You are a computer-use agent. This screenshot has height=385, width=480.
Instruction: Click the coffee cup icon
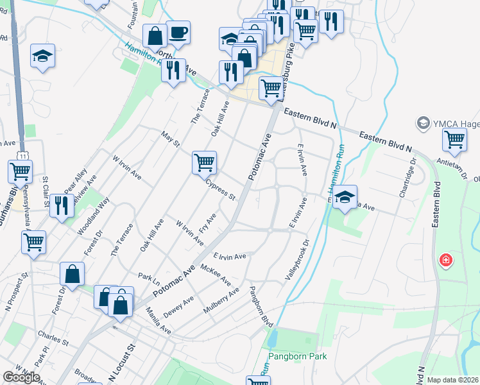click(x=178, y=32)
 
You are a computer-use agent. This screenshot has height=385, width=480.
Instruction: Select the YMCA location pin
click(x=423, y=122)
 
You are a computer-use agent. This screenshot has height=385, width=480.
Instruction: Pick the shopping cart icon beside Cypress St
click(x=204, y=163)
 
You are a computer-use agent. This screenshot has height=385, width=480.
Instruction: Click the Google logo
click(x=21, y=377)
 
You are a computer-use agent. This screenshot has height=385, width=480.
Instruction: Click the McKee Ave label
click(x=216, y=275)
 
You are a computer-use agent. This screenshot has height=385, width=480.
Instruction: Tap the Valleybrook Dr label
click(x=297, y=259)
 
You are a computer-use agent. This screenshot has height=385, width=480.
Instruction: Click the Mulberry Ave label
click(x=221, y=300)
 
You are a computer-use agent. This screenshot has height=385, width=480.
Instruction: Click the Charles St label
click(x=49, y=335)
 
